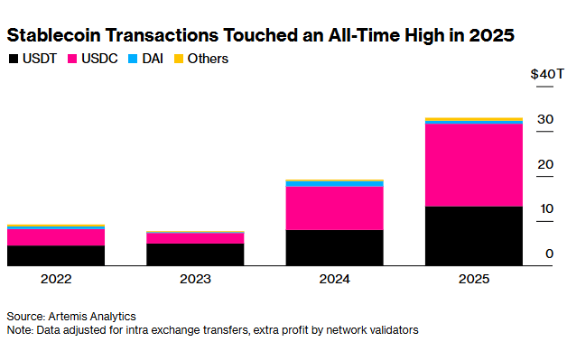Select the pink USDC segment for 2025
474,165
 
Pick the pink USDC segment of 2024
334,208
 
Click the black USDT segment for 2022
56,255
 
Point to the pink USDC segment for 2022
56,237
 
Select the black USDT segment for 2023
195,254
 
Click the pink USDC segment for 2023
195,238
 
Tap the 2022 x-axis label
56,280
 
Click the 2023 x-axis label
195,280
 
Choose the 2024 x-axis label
334,280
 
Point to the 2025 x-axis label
474,280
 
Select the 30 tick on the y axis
545,119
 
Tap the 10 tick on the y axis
545,208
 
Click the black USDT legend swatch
13,59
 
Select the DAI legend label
153,59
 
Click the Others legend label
208,59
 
